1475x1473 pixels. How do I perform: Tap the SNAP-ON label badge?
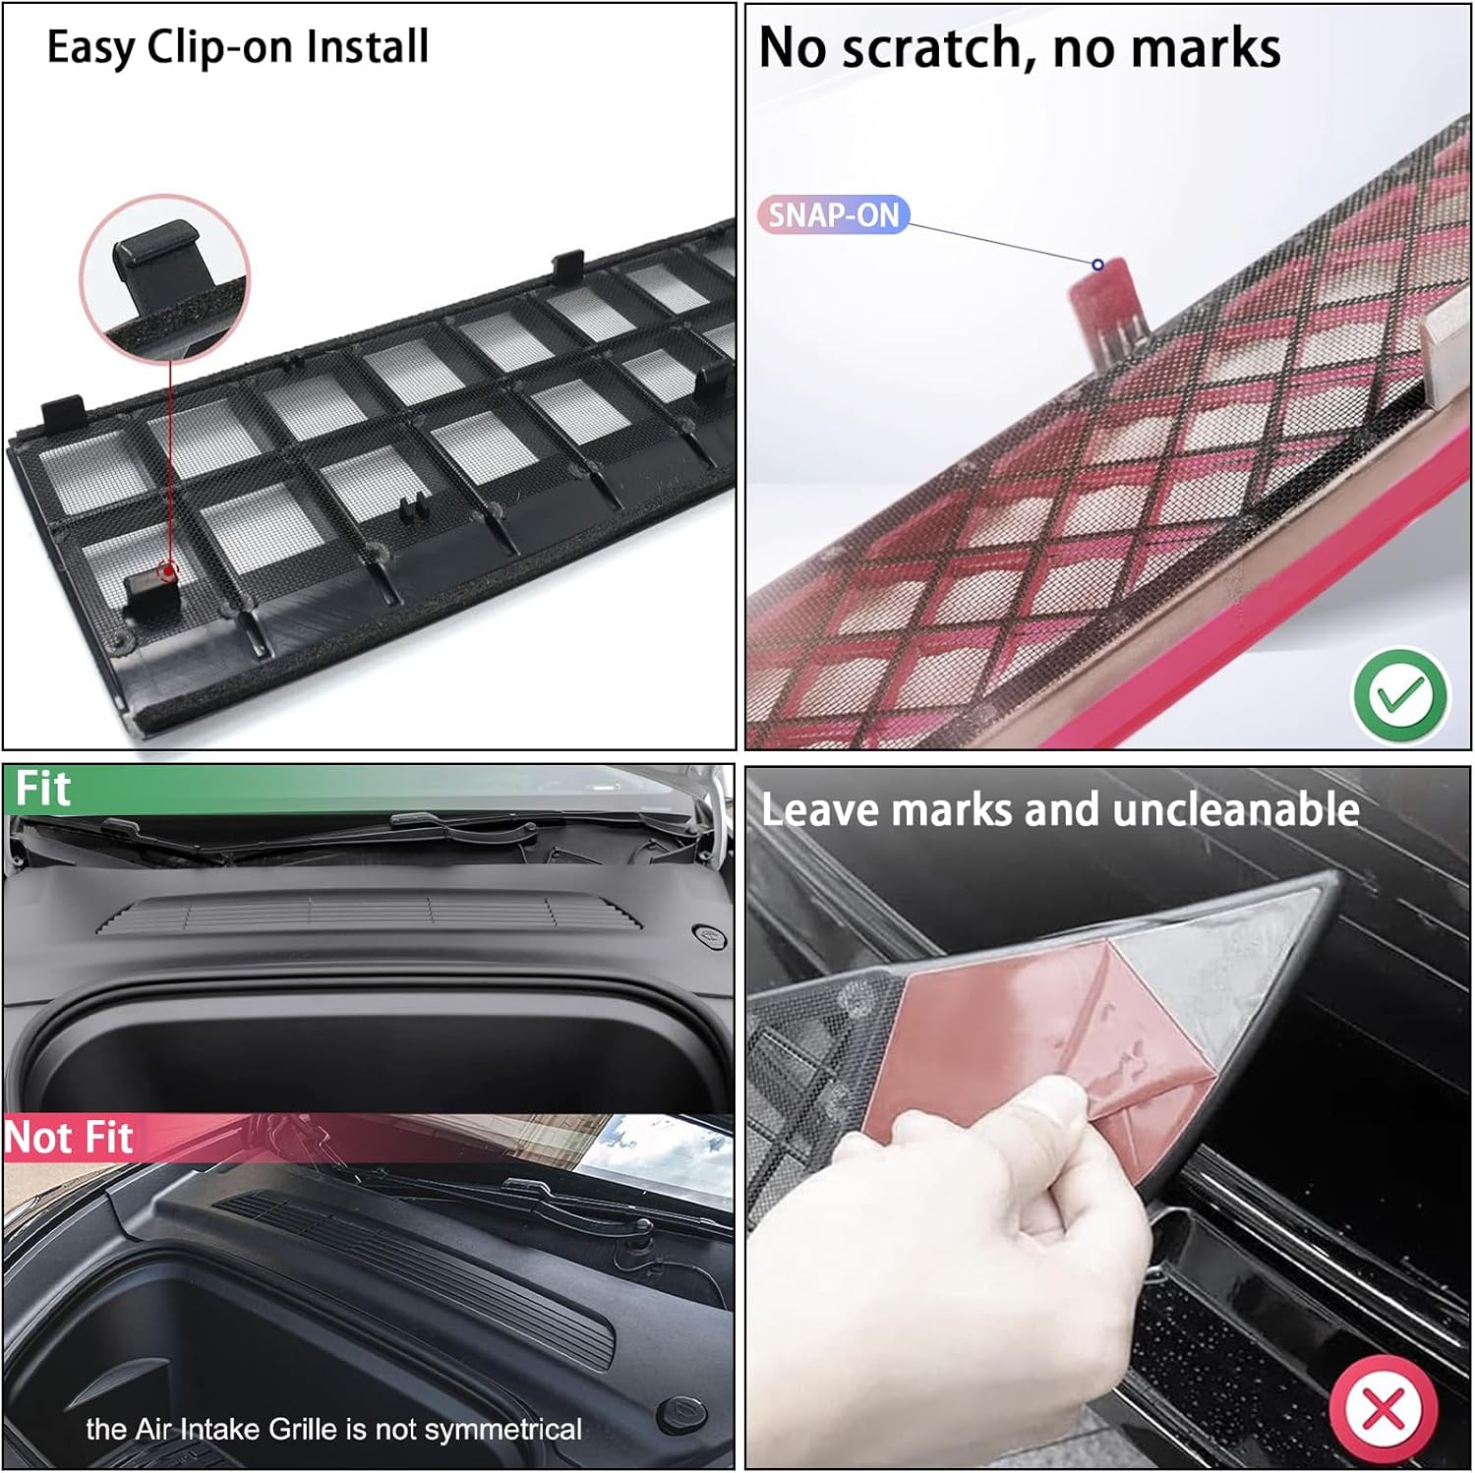(x=833, y=214)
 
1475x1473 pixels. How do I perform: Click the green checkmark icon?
(x=1400, y=695)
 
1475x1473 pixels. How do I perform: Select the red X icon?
(x=1384, y=1408)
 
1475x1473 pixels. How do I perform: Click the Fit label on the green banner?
(x=42, y=789)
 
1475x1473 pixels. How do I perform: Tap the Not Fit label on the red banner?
(x=69, y=1138)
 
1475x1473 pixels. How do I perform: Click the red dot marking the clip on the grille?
(x=169, y=569)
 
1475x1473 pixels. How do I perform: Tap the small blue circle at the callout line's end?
(x=1097, y=265)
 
